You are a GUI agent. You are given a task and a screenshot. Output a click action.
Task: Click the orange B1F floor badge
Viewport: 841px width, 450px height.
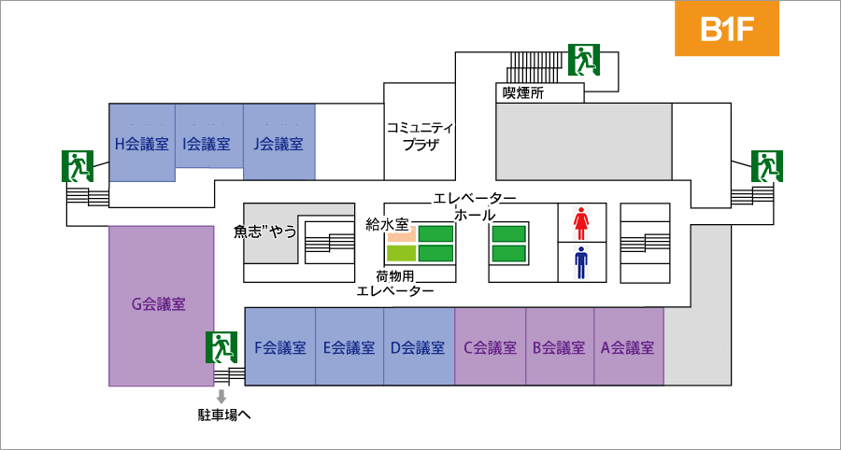point(727,28)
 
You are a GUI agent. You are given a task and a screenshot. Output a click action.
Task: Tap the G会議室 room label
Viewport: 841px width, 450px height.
point(159,304)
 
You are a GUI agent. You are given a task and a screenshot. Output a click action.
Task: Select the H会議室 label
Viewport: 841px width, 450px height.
point(142,144)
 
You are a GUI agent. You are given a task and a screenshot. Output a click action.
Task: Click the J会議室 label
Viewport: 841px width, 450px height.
point(278,144)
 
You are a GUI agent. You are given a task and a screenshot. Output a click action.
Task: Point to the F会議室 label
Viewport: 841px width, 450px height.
point(280,347)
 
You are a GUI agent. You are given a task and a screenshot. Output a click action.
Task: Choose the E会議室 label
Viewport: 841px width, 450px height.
point(349,347)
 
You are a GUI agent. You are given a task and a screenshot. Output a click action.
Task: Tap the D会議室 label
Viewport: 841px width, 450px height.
point(418,347)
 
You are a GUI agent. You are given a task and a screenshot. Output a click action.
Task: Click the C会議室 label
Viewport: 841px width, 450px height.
point(490,347)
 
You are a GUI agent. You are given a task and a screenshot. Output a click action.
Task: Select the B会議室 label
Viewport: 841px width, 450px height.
point(559,347)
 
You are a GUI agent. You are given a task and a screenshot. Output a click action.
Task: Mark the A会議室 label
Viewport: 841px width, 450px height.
point(628,347)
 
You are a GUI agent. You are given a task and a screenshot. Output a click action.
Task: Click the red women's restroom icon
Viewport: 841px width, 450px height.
point(581,223)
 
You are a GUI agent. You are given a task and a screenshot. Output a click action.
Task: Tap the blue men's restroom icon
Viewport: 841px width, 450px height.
point(581,262)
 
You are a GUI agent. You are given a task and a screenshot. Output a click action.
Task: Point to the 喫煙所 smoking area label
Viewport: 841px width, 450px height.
point(523,93)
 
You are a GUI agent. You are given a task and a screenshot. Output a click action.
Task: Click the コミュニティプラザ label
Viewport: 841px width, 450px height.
point(420,136)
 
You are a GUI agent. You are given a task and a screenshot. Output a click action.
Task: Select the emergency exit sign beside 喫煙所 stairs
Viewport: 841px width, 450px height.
point(584,60)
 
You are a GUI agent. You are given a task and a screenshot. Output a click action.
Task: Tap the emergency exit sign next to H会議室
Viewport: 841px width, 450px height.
point(78,166)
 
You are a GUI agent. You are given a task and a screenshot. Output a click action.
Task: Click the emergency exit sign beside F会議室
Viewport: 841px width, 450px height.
point(221,347)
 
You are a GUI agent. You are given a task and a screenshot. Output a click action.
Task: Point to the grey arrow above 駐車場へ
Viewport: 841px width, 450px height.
point(221,397)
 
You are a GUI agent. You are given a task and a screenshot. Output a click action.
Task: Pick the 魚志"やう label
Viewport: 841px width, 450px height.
point(265,232)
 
